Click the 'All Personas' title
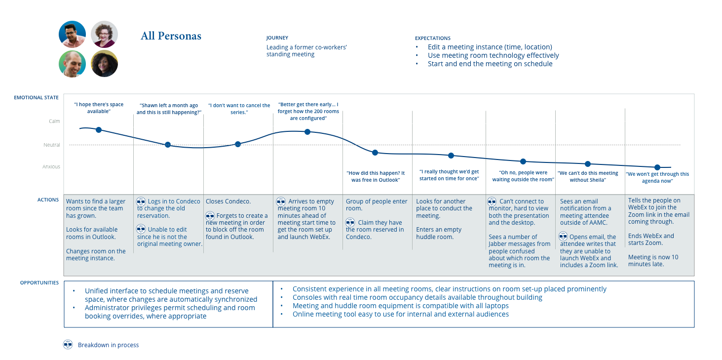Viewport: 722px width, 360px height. coord(171,36)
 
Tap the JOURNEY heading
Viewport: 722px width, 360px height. coord(277,38)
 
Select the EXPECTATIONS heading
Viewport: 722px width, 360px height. coord(432,38)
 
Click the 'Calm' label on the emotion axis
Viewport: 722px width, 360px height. coord(54,121)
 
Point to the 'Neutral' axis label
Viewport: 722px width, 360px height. coord(51,145)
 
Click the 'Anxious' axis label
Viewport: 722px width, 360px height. coord(51,167)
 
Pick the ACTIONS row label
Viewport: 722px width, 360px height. coord(48,200)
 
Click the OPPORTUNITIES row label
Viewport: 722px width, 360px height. coord(39,283)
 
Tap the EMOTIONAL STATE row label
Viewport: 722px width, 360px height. coord(36,98)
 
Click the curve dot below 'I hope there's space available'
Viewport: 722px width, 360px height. coord(99,130)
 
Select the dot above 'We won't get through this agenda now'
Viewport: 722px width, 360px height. coord(657,167)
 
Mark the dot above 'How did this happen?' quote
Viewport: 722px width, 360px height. coord(375,153)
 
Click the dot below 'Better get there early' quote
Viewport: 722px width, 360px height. coord(307,132)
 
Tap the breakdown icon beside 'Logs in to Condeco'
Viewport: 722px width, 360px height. coord(141,201)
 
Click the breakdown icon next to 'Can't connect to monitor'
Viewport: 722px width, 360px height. coord(492,201)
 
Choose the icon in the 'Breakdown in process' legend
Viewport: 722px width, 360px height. coord(68,345)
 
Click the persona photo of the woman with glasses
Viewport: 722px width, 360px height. coord(104,34)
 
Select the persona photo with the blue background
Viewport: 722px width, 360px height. coord(73,34)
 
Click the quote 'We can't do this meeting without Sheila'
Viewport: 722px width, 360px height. coord(587,176)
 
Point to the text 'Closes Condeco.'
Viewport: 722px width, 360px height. coord(228,201)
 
